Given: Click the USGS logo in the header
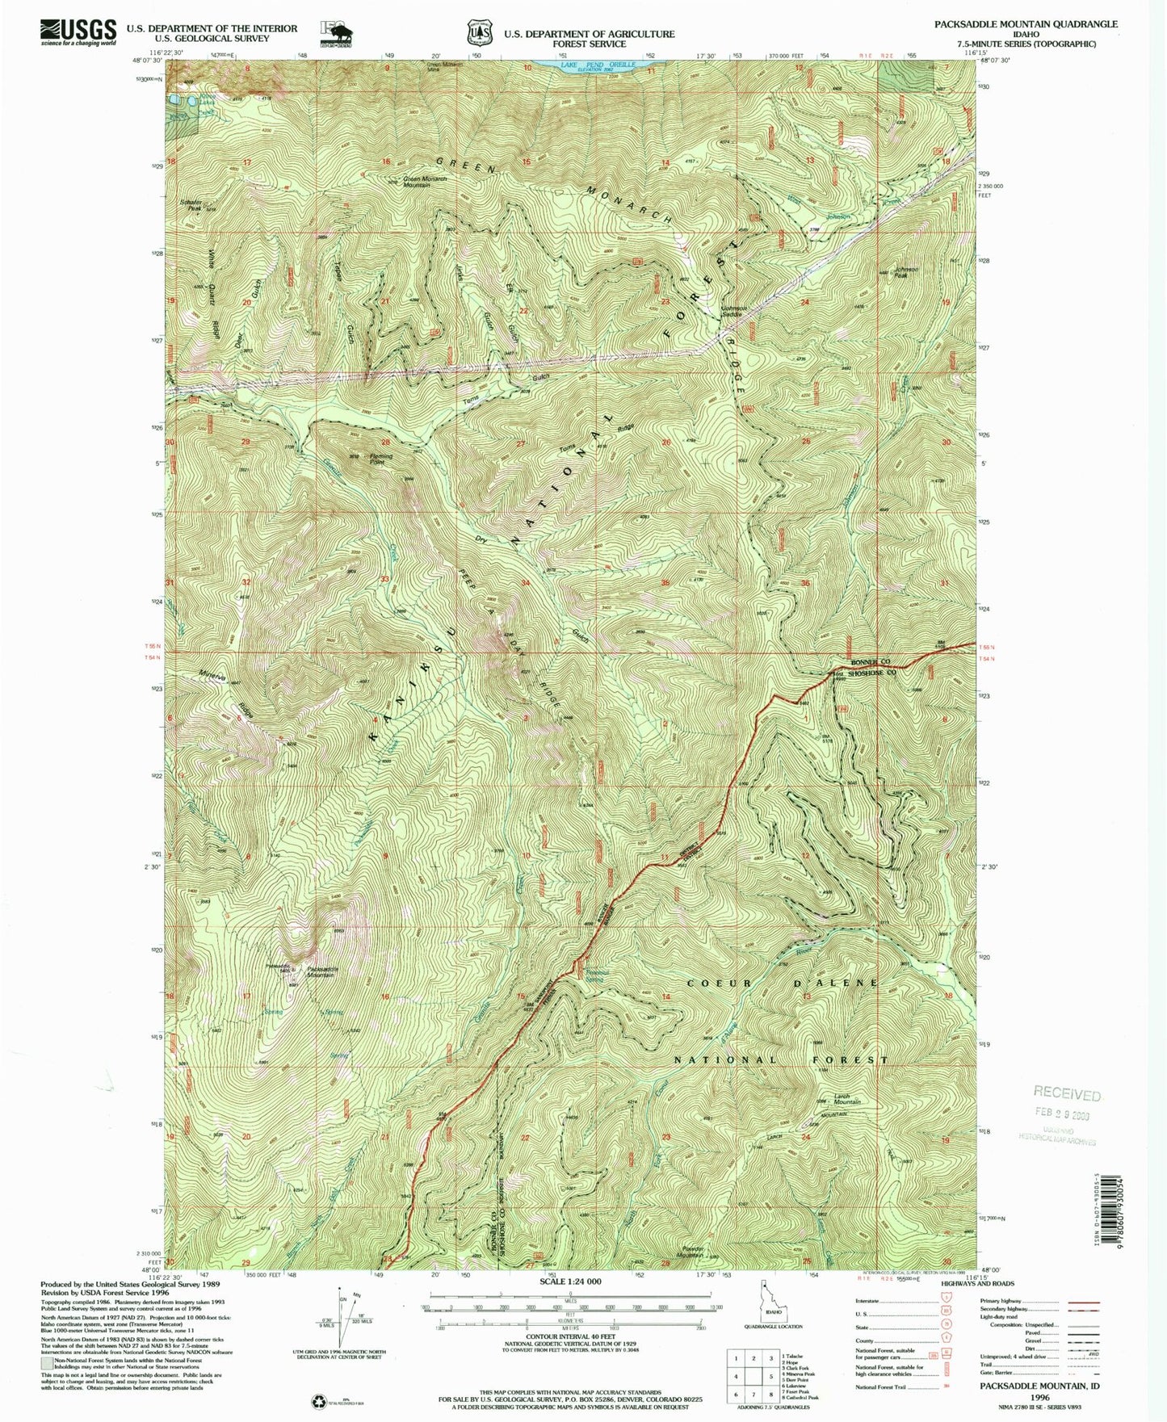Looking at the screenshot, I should (x=78, y=31).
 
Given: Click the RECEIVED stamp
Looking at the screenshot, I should (x=1067, y=1094).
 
